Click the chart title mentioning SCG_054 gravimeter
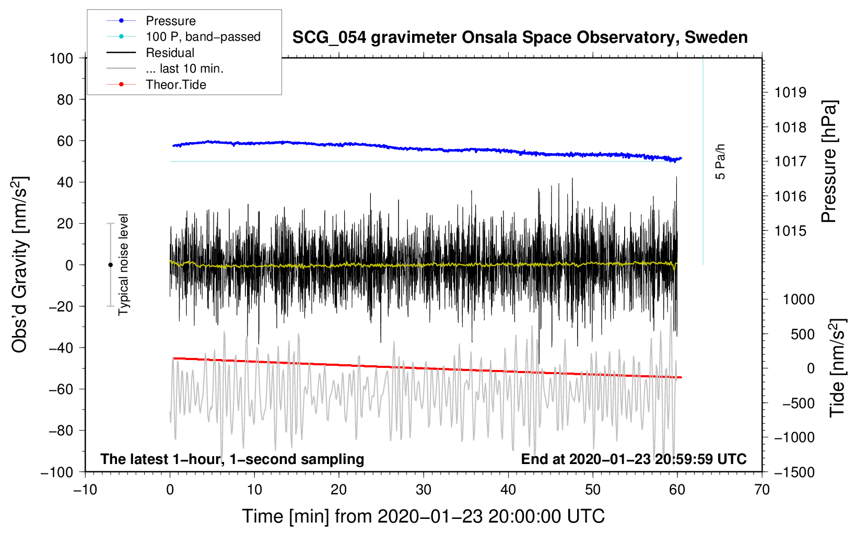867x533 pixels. pos(520,38)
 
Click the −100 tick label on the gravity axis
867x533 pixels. pos(57,472)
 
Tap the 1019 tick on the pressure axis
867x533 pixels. pos(790,92)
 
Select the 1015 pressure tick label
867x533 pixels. pos(790,231)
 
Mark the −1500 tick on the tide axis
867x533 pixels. pos(794,472)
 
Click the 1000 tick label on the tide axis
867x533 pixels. pos(799,299)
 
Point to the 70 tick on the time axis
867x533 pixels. pos(761,490)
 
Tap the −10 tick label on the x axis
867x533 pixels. pos(85,490)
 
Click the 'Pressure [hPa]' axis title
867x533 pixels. pos(829,161)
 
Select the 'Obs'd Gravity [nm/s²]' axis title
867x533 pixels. pos(20,264)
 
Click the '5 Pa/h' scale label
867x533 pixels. pos(720,161)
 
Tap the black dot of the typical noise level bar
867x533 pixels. pos(110,265)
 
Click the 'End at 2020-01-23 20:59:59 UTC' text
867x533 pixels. pos(634,459)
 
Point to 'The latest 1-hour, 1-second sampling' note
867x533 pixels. pos(232,459)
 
